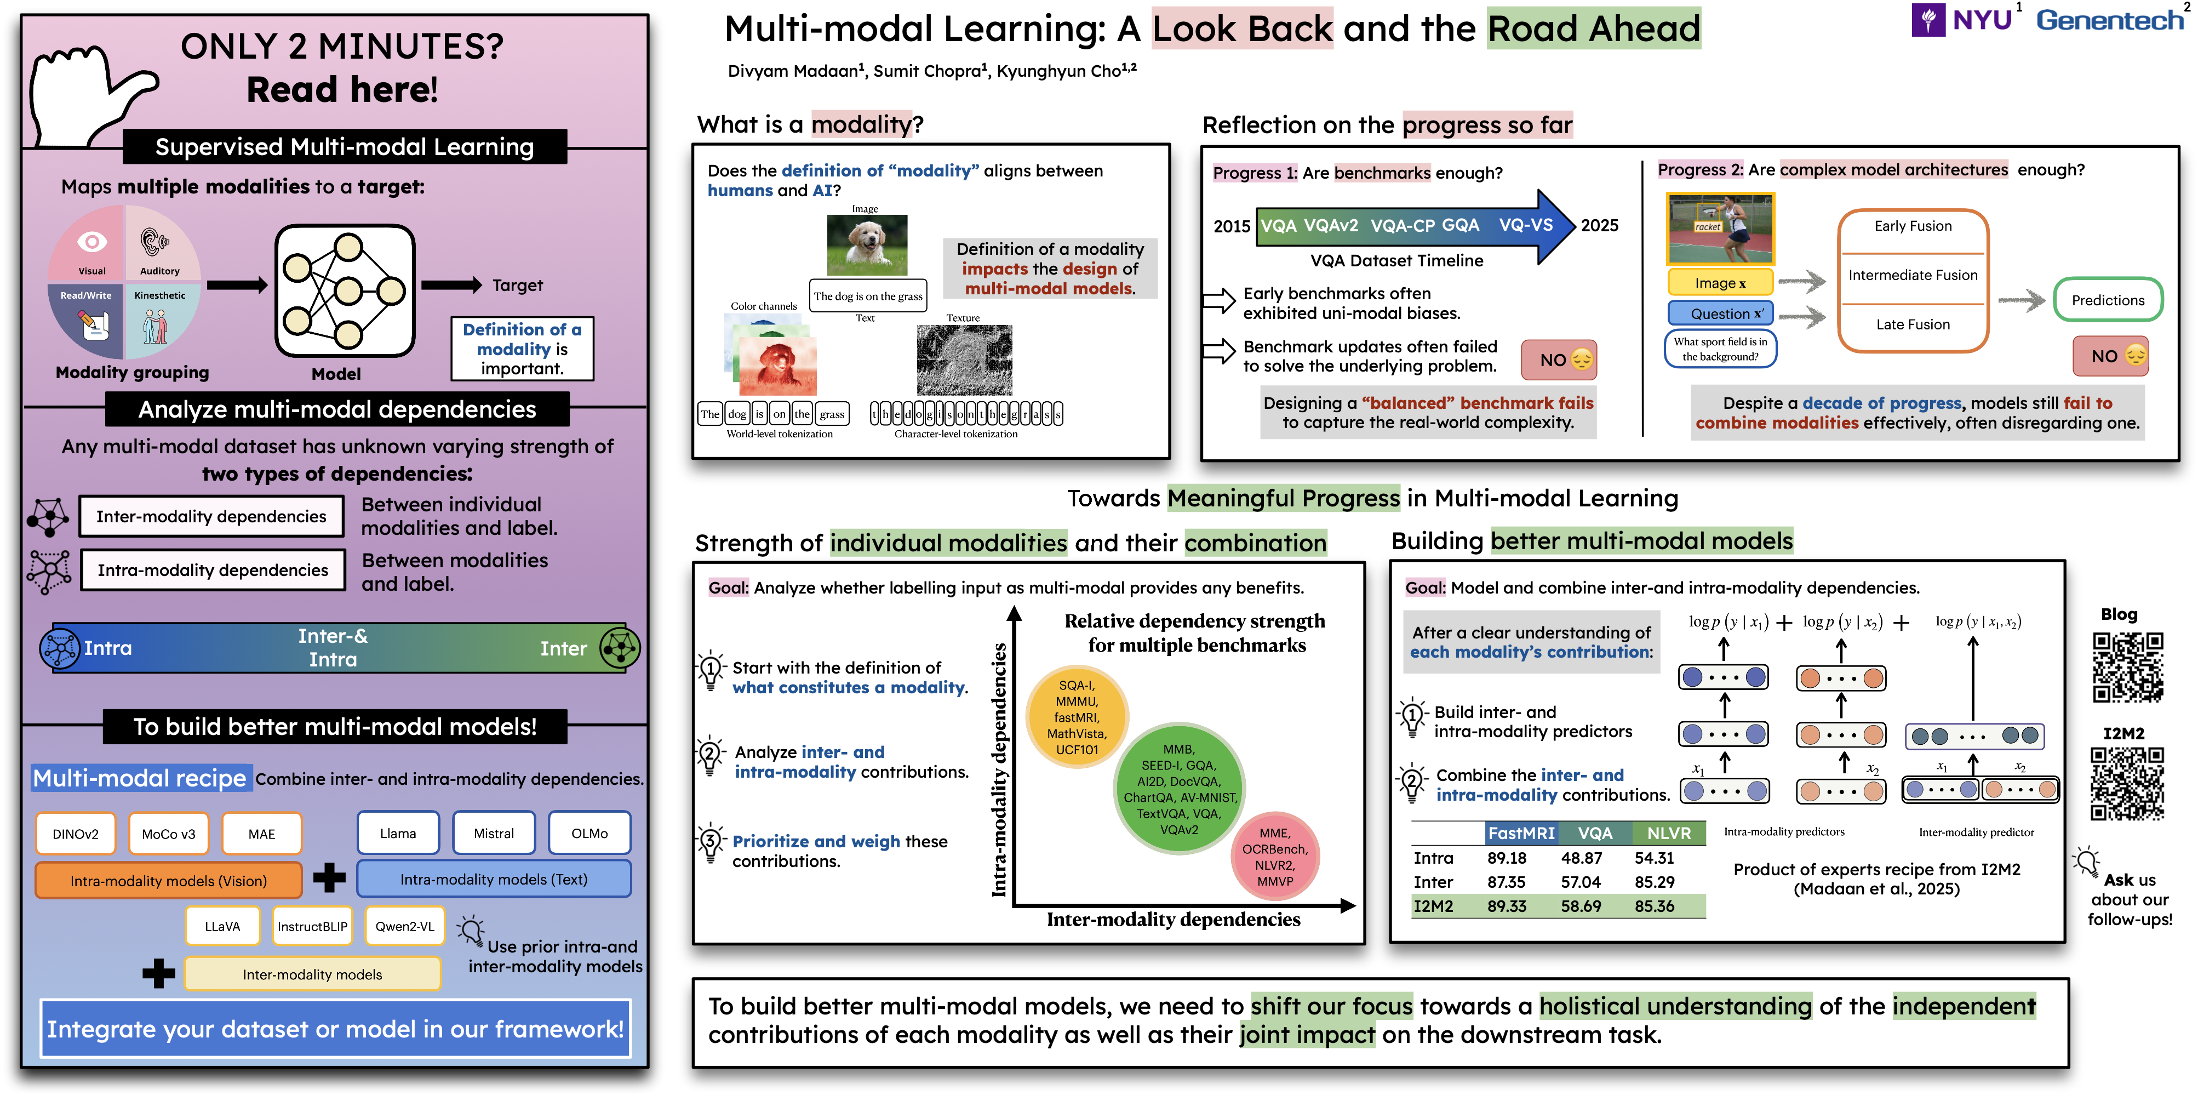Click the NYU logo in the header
pyautogui.click(x=1962, y=19)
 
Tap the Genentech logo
pyautogui.click(x=2109, y=20)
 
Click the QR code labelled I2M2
pyautogui.click(x=2126, y=784)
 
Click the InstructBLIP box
pyautogui.click(x=312, y=926)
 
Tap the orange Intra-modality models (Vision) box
pyautogui.click(x=168, y=881)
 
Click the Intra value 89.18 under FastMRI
pyautogui.click(x=1506, y=858)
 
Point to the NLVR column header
pyautogui.click(x=1668, y=833)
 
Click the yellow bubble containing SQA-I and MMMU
pyautogui.click(x=1077, y=717)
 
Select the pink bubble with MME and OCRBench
pyautogui.click(x=1275, y=856)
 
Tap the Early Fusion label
pyautogui.click(x=1912, y=226)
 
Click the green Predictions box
pyautogui.click(x=2108, y=300)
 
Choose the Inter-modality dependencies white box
pyautogui.click(x=211, y=516)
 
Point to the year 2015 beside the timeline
pyautogui.click(x=1231, y=226)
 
